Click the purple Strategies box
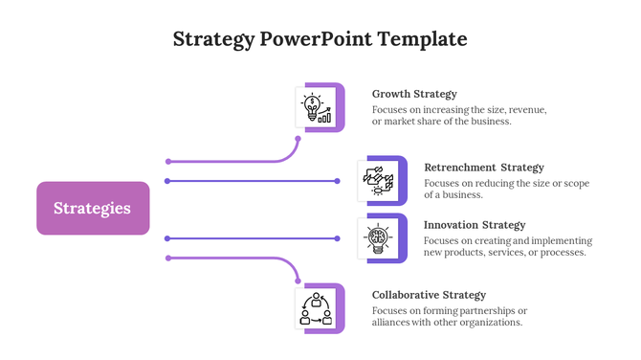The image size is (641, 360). pos(93,208)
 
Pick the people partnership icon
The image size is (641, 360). pos(316,308)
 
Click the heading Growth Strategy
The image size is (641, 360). pos(414,94)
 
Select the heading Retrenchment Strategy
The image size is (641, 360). pos(483,168)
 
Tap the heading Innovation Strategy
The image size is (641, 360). pos(475,225)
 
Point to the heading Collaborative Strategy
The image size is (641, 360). pos(429,295)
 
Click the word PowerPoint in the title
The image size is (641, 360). pos(316,39)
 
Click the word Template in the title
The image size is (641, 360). pos(422,39)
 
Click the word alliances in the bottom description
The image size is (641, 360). pos(393,323)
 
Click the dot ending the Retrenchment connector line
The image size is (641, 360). pos(337,181)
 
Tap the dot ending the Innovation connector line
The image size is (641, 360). pos(337,238)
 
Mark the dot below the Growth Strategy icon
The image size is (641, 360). pos(298,139)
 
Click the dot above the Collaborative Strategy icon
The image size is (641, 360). pos(298,281)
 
